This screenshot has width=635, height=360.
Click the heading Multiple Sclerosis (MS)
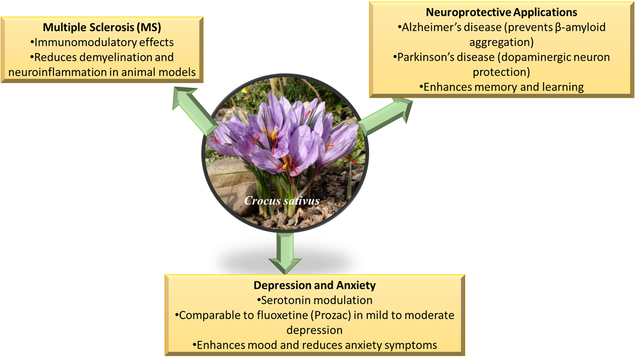tap(102, 28)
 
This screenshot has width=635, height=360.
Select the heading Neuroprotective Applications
tap(501, 12)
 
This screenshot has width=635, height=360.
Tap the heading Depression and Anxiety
tap(314, 285)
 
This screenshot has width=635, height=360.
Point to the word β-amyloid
tap(577, 27)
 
